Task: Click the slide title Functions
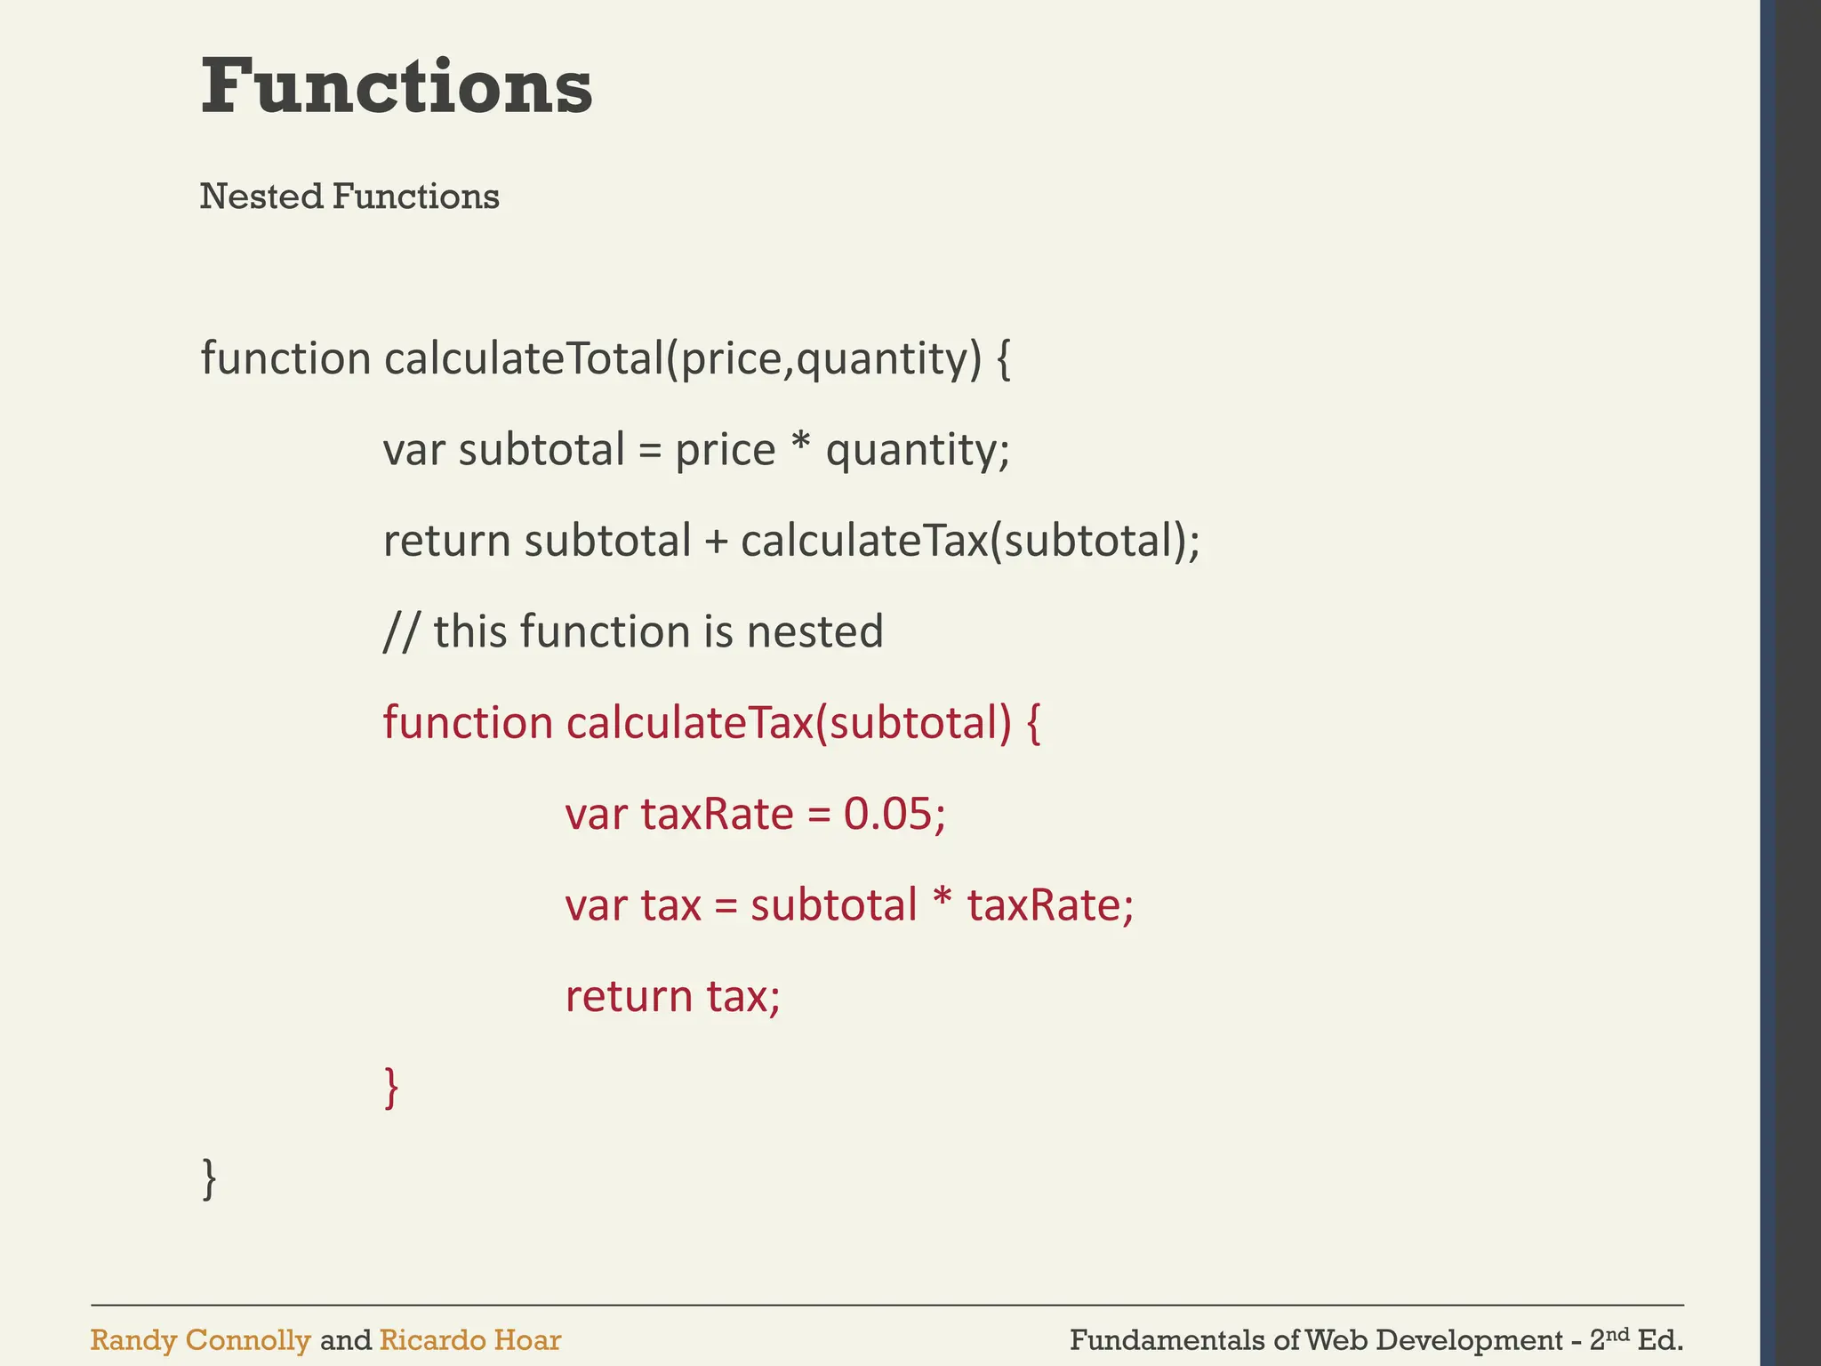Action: tap(397, 86)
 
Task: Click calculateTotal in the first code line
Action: tap(525, 358)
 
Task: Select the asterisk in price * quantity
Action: tap(800, 445)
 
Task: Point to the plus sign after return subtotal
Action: tap(716, 542)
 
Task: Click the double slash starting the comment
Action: tap(401, 632)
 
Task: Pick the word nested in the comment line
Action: tap(814, 632)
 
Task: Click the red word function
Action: tap(468, 722)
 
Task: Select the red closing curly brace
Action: tap(390, 1087)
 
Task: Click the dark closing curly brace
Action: tap(209, 1177)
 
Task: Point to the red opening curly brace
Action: tap(1033, 723)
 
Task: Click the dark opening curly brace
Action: tap(1003, 359)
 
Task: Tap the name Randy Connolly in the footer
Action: tap(200, 1339)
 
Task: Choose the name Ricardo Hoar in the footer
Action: tap(469, 1339)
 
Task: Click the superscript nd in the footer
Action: tap(1618, 1333)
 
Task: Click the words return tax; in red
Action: tap(672, 996)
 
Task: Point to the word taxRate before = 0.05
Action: tap(717, 814)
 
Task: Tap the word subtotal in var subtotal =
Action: tap(541, 450)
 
